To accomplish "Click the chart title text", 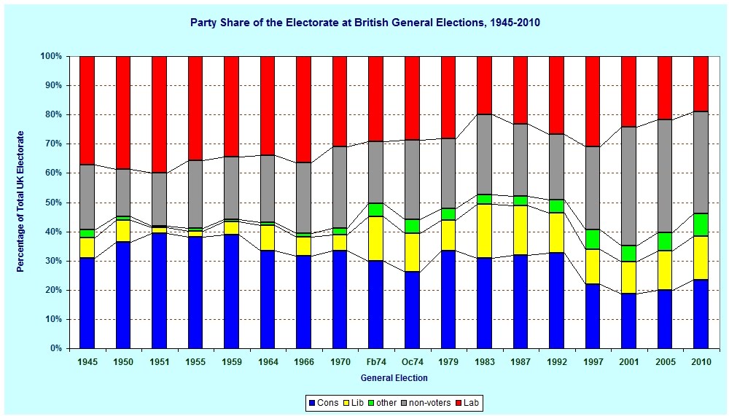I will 364,23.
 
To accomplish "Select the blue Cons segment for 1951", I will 159,291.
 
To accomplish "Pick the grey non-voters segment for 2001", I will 628,187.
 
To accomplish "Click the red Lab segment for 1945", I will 87,110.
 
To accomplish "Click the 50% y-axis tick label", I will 52,203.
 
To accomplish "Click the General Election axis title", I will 394,378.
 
